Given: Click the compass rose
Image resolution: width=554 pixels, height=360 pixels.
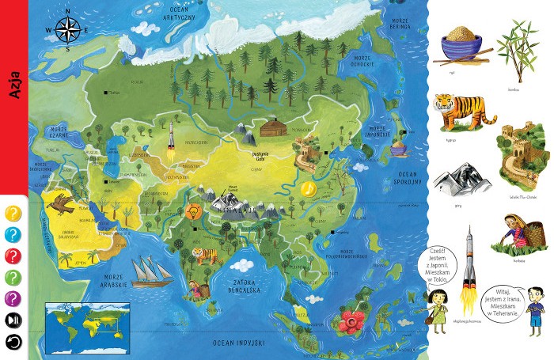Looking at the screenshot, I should [x=66, y=30].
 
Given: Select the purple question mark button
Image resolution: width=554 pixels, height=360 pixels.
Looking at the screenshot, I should [x=13, y=297].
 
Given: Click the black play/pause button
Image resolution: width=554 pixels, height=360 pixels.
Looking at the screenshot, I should [x=13, y=320].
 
